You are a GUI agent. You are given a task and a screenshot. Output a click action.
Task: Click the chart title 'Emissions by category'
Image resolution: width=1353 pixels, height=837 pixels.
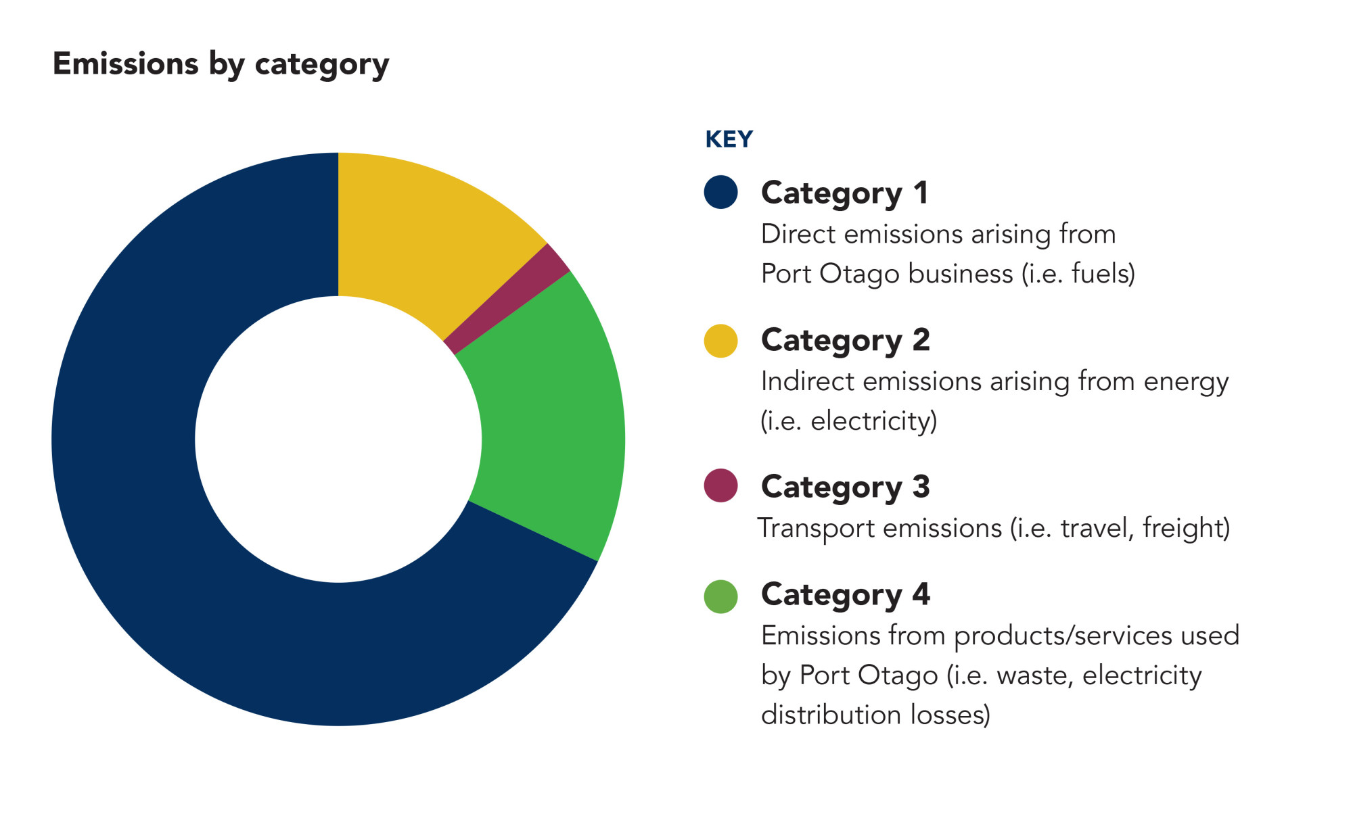tap(221, 65)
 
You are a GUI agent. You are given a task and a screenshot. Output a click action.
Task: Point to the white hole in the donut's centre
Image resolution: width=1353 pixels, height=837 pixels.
tap(338, 439)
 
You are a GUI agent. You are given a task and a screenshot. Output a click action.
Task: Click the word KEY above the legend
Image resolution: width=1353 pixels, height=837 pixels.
tap(729, 139)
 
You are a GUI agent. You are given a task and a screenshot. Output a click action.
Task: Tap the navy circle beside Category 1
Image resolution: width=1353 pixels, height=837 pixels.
tap(720, 192)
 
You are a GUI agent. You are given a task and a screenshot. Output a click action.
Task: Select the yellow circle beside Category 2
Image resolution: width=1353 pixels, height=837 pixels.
tap(720, 341)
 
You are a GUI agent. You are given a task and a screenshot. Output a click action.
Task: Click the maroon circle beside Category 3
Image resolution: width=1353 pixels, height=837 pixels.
tap(720, 485)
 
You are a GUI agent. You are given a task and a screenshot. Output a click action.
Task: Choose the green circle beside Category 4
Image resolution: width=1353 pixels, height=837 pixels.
tap(720, 596)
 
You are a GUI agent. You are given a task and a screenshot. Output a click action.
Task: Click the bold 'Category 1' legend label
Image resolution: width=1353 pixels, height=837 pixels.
tap(844, 194)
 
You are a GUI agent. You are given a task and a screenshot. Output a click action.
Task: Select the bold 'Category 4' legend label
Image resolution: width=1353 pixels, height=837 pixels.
tap(846, 596)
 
